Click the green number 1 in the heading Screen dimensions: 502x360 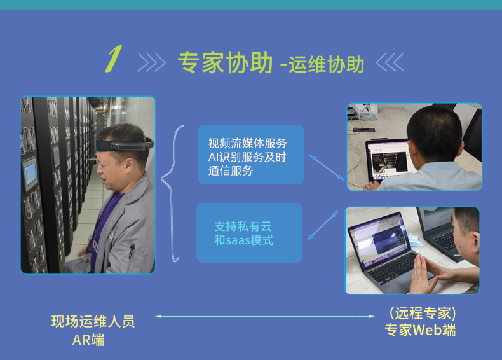point(114,59)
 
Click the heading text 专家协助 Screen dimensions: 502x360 point(226,62)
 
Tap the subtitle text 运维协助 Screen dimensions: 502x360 point(326,64)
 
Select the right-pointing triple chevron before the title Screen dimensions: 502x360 point(151,62)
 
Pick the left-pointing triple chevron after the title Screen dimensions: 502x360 point(390,62)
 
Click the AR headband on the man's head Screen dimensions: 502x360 point(125,145)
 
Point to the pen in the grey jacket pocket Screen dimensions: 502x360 point(132,251)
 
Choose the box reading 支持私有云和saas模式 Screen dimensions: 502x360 point(249,233)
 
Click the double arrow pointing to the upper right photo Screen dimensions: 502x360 point(327,167)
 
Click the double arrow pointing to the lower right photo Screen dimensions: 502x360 point(323,225)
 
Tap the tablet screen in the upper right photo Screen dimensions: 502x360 point(388,160)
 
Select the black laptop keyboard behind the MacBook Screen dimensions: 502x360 point(444,240)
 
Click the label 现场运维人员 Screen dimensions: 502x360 point(93,321)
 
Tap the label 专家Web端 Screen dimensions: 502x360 point(420,330)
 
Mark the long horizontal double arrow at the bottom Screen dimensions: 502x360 point(265,316)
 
